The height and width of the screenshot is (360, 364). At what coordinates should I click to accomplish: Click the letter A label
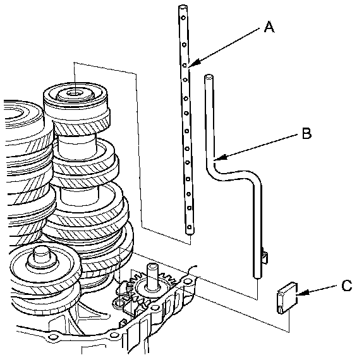click(x=269, y=27)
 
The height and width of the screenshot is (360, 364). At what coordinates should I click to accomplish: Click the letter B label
click(x=306, y=133)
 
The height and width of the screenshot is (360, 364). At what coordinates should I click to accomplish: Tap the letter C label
click(x=347, y=285)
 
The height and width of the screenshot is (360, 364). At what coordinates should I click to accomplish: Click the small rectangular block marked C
click(x=287, y=298)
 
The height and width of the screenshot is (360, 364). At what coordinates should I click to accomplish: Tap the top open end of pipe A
click(x=183, y=8)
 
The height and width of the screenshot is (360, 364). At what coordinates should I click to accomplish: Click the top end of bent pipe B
click(x=209, y=77)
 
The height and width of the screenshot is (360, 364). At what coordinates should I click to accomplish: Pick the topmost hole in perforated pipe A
click(x=183, y=18)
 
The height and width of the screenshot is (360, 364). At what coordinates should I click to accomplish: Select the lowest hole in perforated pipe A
click(x=189, y=227)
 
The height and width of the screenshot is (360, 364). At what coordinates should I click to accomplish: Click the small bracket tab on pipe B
click(x=265, y=256)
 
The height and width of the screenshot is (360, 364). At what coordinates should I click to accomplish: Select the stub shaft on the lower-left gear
click(x=42, y=256)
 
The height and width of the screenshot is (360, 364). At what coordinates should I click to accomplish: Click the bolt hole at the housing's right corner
click(x=187, y=282)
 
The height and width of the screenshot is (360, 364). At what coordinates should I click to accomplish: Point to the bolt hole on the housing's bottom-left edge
click(x=53, y=337)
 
